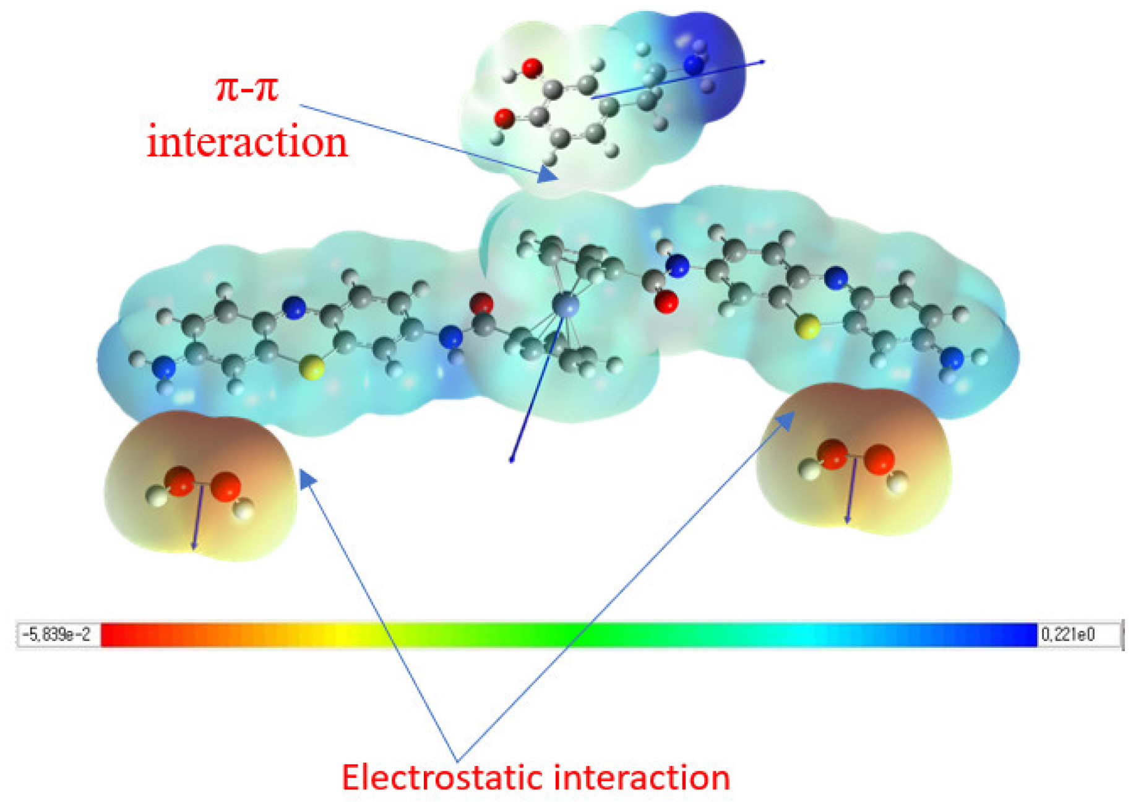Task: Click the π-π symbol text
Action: [x=247, y=88]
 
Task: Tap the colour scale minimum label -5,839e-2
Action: [x=57, y=635]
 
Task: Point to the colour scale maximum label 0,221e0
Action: [x=1069, y=635]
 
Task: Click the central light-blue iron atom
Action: [x=564, y=305]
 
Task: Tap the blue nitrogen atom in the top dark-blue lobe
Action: [x=693, y=64]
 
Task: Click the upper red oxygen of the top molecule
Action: [x=532, y=67]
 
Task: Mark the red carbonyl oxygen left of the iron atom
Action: [x=481, y=304]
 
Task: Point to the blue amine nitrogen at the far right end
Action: [x=952, y=358]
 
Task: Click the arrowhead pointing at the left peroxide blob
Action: [x=308, y=478]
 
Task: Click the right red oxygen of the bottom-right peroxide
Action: [x=879, y=460]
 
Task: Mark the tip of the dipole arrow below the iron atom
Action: [x=511, y=461]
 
